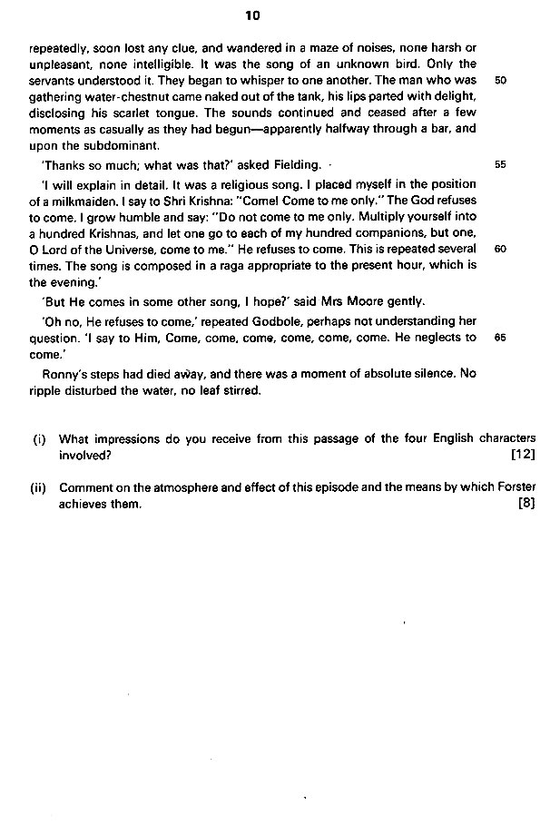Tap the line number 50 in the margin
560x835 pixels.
pyautogui.click(x=500, y=81)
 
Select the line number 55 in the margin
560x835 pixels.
pyautogui.click(x=500, y=165)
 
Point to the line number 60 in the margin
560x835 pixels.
pyautogui.click(x=500, y=249)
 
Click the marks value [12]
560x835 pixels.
pyautogui.click(x=524, y=454)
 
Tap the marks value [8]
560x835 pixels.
pyautogui.click(x=527, y=504)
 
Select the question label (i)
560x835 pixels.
pyautogui.click(x=39, y=437)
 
